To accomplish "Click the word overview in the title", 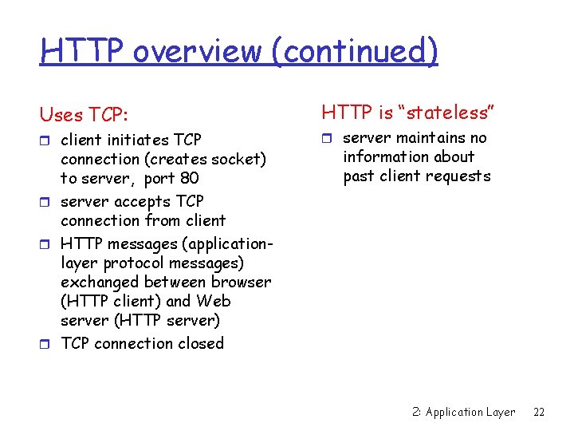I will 197,51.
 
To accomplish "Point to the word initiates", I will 140,140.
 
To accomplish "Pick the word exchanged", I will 100,282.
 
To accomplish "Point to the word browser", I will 241,282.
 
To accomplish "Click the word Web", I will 213,301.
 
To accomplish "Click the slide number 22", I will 539,412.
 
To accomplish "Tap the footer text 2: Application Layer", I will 464,412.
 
